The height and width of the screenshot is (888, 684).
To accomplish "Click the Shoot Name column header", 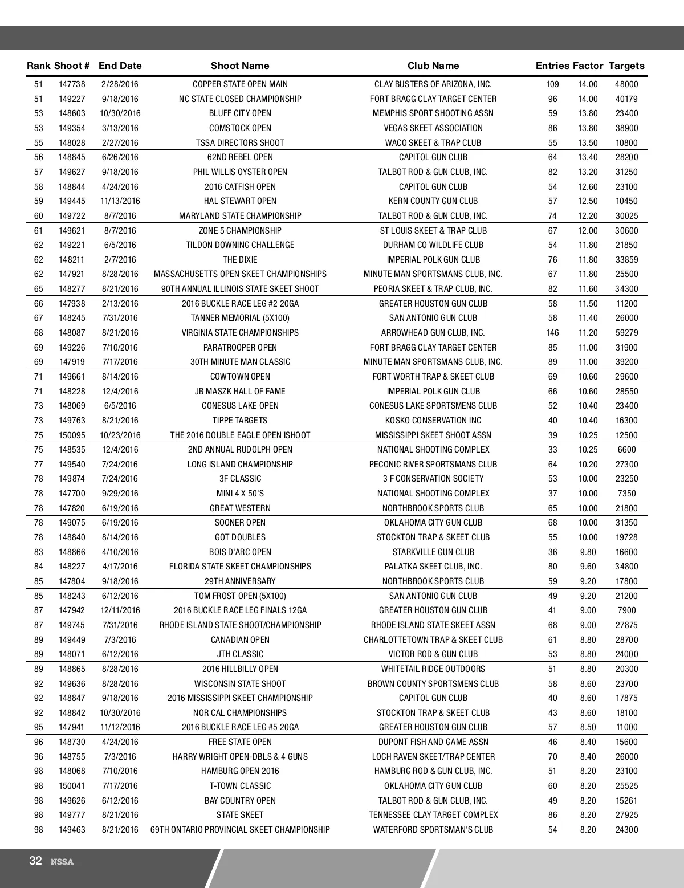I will (239, 66).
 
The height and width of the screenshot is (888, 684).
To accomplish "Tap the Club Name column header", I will (433, 66).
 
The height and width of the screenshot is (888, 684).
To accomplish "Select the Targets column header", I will (626, 66).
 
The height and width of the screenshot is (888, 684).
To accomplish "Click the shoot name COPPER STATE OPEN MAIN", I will (240, 84).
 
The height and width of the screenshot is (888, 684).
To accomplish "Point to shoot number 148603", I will (72, 113).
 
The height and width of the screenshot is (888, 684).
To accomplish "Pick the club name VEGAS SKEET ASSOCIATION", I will (433, 128).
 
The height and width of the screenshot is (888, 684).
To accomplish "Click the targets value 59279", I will (626, 333).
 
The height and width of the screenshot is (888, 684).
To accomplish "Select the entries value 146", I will (552, 333).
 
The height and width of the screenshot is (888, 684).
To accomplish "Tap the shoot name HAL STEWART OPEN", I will (240, 201).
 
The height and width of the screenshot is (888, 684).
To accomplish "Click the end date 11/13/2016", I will (120, 201).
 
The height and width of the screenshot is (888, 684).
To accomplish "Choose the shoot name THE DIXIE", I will (240, 260).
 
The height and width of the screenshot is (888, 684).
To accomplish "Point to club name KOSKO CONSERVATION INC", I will (433, 421).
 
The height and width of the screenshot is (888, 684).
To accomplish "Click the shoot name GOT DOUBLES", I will (240, 537).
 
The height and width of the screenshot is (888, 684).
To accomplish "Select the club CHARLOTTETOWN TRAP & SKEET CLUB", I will (433, 639).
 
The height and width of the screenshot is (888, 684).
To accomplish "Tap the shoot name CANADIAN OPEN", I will (240, 639).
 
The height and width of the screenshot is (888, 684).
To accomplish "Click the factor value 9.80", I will (588, 552).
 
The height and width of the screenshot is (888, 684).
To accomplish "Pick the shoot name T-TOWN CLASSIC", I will (240, 786).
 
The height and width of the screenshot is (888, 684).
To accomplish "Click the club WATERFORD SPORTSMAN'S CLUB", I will (433, 830).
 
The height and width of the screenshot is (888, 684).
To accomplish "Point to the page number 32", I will (35, 861).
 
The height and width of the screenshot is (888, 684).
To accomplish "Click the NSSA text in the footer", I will (62, 862).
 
